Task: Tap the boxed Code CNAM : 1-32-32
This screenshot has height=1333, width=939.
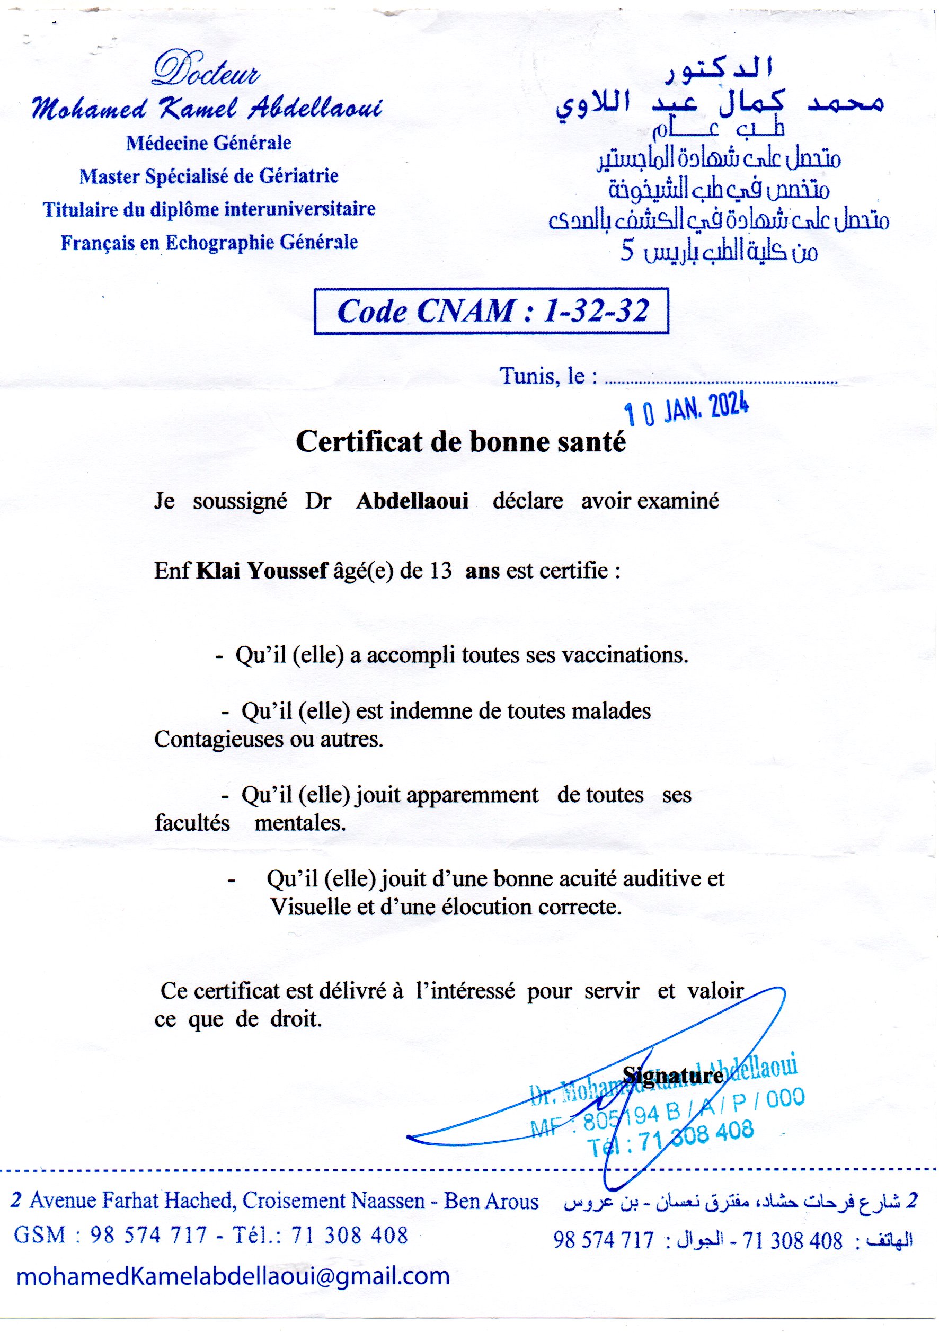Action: (x=491, y=311)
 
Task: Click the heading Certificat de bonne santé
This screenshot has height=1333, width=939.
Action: (x=461, y=442)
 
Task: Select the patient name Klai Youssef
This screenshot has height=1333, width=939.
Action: (x=262, y=571)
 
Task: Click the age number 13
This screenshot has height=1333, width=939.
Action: (x=441, y=571)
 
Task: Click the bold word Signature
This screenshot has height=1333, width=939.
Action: (x=672, y=1076)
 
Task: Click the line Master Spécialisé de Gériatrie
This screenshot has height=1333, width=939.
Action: (x=209, y=176)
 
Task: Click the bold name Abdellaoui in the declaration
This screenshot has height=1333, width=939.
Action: (x=412, y=501)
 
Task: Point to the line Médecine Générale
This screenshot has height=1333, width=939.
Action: (x=209, y=143)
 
